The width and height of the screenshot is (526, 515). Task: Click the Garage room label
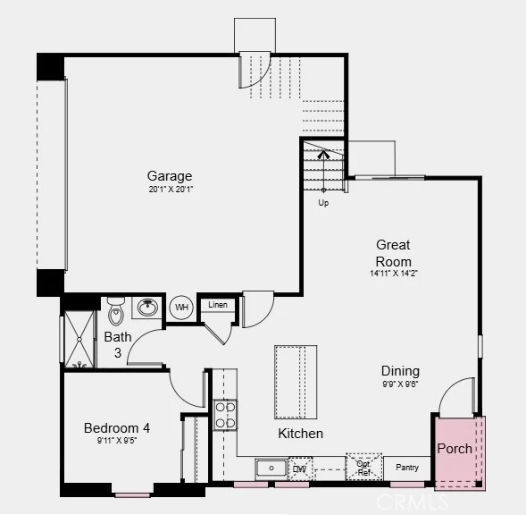(170, 176)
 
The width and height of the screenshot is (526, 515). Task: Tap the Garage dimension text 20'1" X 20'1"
(171, 190)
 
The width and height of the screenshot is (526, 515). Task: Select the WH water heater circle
(181, 307)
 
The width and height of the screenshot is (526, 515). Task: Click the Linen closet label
(218, 305)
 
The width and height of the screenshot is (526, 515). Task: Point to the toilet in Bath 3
(116, 311)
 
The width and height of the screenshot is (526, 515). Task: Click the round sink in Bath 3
(147, 307)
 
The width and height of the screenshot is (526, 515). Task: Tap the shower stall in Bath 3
(79, 339)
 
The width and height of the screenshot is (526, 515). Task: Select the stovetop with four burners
(225, 415)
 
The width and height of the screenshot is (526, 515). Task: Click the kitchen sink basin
(271, 468)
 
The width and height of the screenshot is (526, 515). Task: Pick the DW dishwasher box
(300, 469)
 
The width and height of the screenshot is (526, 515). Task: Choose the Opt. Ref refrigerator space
(364, 467)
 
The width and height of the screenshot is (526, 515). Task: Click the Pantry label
(407, 468)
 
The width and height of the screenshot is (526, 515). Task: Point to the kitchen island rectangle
(296, 382)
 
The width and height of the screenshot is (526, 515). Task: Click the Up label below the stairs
(323, 203)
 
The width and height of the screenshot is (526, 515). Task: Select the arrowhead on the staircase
(323, 155)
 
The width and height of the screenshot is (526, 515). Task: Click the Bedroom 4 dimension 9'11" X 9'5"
(117, 440)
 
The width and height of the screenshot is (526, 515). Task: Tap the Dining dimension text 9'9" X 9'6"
(400, 384)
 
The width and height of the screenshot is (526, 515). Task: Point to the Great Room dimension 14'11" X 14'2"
(394, 273)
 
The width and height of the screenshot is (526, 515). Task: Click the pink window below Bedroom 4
(132, 495)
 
